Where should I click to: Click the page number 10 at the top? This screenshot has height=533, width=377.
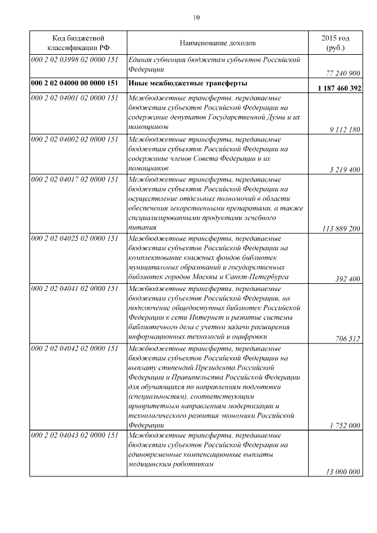tap(196, 17)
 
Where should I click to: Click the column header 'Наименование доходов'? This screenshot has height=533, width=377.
tap(218, 43)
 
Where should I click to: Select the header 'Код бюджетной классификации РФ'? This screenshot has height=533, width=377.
tap(78, 43)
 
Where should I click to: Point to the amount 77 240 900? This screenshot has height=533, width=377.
tap(342, 73)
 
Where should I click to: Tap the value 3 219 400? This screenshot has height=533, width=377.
tap(345, 170)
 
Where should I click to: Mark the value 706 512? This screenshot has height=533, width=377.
tap(348, 339)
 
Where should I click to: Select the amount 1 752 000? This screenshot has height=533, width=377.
tap(345, 425)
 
